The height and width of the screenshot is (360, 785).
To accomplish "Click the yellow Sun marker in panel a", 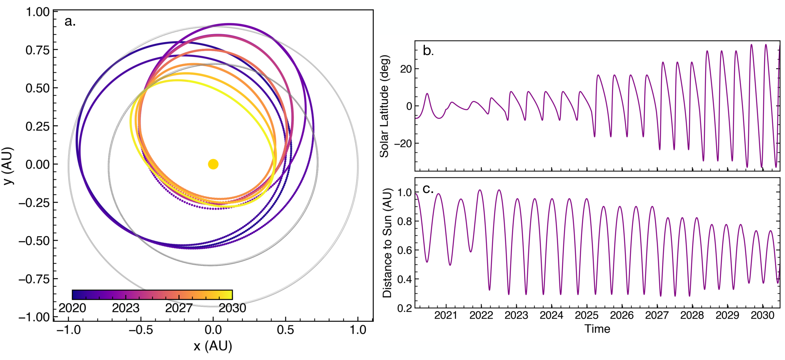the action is click(x=213, y=164).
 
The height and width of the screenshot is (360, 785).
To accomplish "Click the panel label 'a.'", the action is click(x=70, y=21).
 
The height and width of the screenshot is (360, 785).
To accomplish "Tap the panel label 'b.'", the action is click(x=428, y=51).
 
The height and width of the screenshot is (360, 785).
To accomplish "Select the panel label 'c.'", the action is click(x=428, y=189).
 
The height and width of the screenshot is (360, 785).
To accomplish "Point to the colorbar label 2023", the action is click(x=125, y=308).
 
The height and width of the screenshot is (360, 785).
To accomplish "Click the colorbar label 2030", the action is click(x=232, y=308).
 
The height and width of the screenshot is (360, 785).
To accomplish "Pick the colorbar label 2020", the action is click(x=72, y=308).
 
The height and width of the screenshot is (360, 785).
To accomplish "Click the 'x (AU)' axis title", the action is click(x=213, y=346).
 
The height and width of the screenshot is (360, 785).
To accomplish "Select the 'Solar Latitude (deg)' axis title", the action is click(x=384, y=106).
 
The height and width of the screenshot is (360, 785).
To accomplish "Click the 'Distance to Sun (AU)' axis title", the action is click(x=387, y=243).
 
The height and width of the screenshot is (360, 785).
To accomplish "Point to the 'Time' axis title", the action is click(x=598, y=329).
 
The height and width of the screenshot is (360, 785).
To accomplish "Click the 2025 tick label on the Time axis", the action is click(x=587, y=315).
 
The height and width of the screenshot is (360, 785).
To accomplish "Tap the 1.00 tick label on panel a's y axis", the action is click(x=38, y=12).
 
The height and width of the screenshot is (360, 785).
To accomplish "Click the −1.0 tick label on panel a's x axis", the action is click(x=69, y=330).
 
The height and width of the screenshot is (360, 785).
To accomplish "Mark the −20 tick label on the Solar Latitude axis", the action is click(x=403, y=144).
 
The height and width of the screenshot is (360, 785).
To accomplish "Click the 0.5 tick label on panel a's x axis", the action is click(x=285, y=330).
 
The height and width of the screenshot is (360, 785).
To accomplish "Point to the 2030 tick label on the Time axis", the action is click(x=763, y=315).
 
